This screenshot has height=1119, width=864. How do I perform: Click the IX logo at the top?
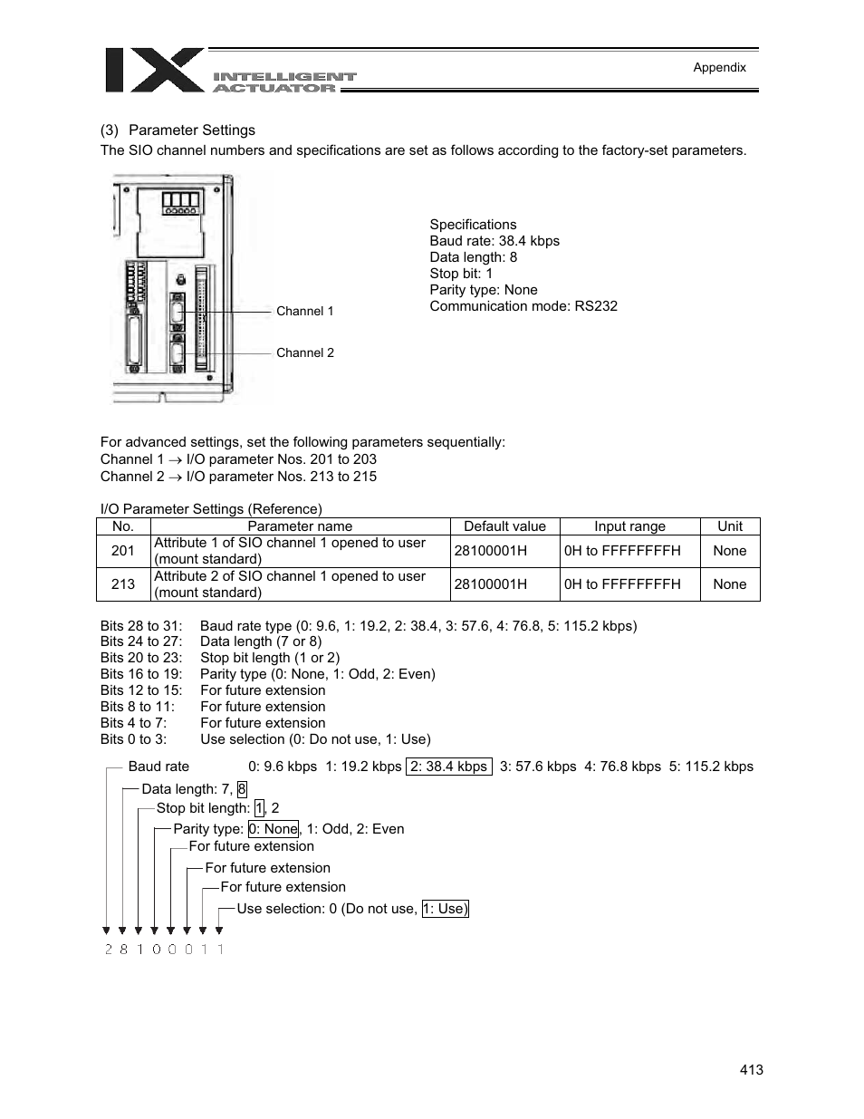[x=154, y=71]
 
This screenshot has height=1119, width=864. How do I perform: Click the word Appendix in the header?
[x=719, y=67]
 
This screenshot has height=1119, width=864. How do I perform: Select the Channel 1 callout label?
[x=304, y=311]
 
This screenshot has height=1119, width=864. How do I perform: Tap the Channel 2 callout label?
[x=304, y=352]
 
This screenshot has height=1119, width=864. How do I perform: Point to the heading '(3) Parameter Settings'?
[x=178, y=130]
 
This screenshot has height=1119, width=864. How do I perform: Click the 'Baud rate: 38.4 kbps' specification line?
[x=494, y=241]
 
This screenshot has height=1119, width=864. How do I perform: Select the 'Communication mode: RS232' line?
[x=523, y=306]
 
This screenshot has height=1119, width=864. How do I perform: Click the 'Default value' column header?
[x=504, y=526]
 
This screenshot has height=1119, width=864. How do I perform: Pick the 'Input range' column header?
[x=629, y=526]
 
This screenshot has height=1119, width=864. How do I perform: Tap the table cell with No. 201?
[x=123, y=551]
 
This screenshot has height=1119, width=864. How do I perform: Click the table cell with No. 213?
[x=123, y=584]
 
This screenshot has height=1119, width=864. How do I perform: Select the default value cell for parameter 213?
[x=490, y=584]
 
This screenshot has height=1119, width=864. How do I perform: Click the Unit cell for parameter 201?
[x=729, y=551]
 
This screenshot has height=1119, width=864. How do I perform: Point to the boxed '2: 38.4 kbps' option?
[x=448, y=767]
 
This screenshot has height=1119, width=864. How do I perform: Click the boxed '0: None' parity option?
[x=274, y=829]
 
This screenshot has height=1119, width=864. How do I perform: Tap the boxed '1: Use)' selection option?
[x=445, y=909]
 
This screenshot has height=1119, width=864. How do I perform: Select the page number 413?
[x=751, y=1070]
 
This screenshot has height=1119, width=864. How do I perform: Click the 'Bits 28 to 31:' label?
[x=141, y=626]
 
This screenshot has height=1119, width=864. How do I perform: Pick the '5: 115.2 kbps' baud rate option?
[x=711, y=767]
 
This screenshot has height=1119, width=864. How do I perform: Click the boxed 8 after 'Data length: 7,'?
[x=242, y=790]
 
